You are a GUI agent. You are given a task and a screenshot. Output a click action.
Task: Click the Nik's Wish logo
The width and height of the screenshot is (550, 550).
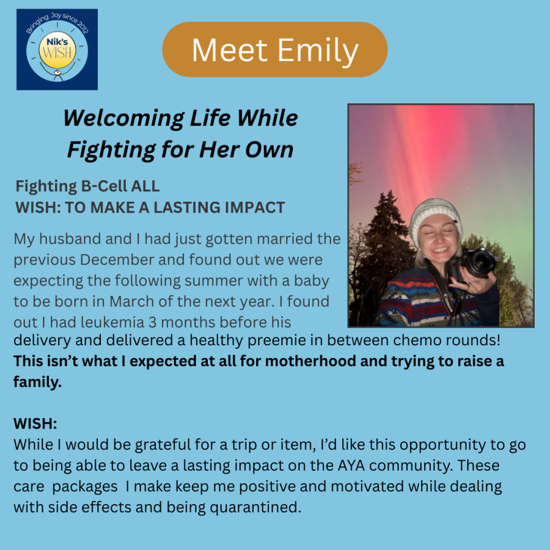[x=57, y=50]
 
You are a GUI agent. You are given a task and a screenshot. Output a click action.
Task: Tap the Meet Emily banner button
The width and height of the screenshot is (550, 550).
[x=274, y=50]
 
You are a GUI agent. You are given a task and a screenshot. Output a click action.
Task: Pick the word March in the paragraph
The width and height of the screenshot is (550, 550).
[x=132, y=302]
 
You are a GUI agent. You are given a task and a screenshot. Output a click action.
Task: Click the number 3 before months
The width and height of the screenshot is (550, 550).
[x=152, y=323]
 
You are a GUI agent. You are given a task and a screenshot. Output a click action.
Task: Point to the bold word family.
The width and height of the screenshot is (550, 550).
[x=37, y=383]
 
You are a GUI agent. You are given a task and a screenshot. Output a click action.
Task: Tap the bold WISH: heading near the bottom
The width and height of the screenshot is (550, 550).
[x=35, y=424]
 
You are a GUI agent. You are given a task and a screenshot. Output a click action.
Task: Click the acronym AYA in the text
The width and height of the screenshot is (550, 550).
[x=351, y=466]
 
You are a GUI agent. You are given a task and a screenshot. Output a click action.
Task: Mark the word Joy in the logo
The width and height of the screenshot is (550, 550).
[x=56, y=16]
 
